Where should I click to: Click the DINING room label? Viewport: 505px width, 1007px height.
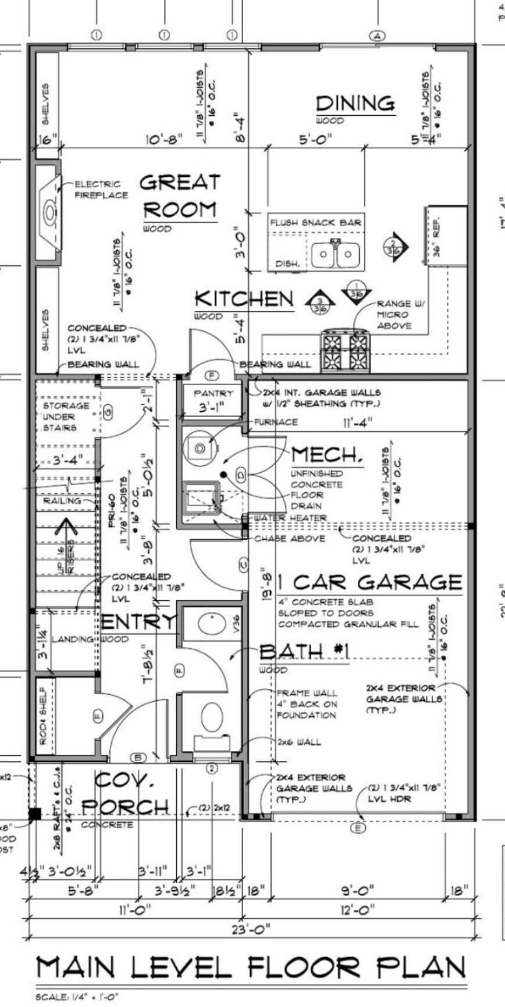coord(355,104)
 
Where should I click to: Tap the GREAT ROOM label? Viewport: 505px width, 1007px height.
coord(180,196)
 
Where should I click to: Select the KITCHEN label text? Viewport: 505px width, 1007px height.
coord(244,299)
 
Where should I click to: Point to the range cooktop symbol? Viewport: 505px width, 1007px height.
coord(346,351)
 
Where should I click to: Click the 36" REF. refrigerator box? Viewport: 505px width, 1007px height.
coord(447,235)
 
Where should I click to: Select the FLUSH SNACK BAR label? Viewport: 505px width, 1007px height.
coord(315,222)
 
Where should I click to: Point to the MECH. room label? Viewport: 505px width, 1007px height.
coord(327,454)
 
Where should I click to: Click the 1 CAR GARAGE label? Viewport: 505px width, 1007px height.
coord(369,582)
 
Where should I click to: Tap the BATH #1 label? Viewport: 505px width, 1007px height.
coord(304,652)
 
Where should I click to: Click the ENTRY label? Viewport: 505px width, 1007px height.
coord(138,622)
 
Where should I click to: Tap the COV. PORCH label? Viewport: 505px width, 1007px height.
coord(125,794)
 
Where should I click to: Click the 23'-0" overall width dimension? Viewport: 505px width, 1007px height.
coord(251,929)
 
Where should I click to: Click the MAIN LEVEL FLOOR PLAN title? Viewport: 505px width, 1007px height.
coord(251,967)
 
